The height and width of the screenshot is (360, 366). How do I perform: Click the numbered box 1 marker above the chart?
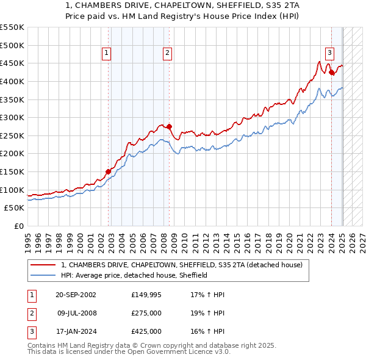[107, 53]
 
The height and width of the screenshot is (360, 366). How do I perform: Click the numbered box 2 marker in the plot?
[167, 53]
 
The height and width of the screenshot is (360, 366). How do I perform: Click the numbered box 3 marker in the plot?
[329, 53]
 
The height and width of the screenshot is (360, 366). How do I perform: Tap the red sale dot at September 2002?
[108, 171]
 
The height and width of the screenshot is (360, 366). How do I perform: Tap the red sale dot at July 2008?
[169, 126]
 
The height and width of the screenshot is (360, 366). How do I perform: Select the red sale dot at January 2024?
[331, 72]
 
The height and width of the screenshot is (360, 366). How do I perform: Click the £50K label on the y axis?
[14, 207]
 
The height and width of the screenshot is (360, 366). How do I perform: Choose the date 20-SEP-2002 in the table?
[76, 295]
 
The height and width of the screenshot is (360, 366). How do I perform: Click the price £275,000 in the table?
[146, 313]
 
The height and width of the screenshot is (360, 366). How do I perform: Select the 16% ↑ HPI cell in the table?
[207, 331]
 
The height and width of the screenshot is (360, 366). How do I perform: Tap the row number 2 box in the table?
[31, 313]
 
